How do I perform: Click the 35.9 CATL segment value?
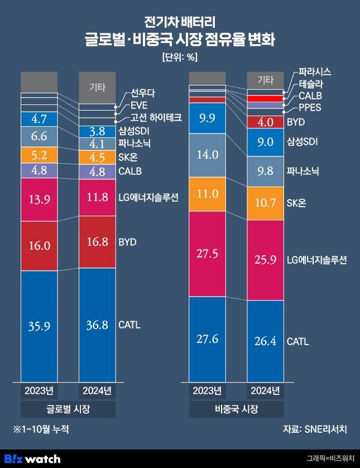pyautogui.click(x=39, y=326)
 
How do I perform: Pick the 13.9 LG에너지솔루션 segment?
pyautogui.click(x=39, y=199)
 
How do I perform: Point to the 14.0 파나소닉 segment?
pyautogui.click(x=207, y=155)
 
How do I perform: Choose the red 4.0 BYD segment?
pyautogui.click(x=265, y=122)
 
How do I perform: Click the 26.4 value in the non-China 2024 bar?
pyautogui.click(x=265, y=341)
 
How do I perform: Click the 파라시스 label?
pyautogui.click(x=315, y=72)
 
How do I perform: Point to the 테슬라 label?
pyautogui.click(x=311, y=84)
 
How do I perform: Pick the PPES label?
pyautogui.click(x=310, y=108)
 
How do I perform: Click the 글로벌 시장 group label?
pyautogui.click(x=68, y=409)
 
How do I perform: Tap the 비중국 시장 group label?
pyautogui.click(x=236, y=409)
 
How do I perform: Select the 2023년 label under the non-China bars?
pyautogui.click(x=207, y=390)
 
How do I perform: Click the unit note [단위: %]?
pyautogui.click(x=180, y=57)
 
